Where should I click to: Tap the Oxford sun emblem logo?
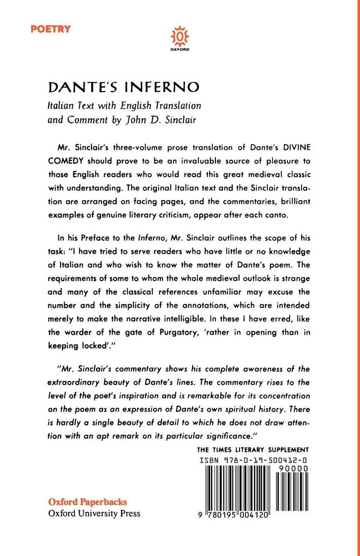tap(180, 36)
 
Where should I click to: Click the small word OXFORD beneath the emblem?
tap(180, 50)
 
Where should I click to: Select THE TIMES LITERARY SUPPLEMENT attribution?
tap(253, 450)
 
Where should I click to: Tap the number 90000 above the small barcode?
tap(293, 468)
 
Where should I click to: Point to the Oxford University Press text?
tap(94, 513)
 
